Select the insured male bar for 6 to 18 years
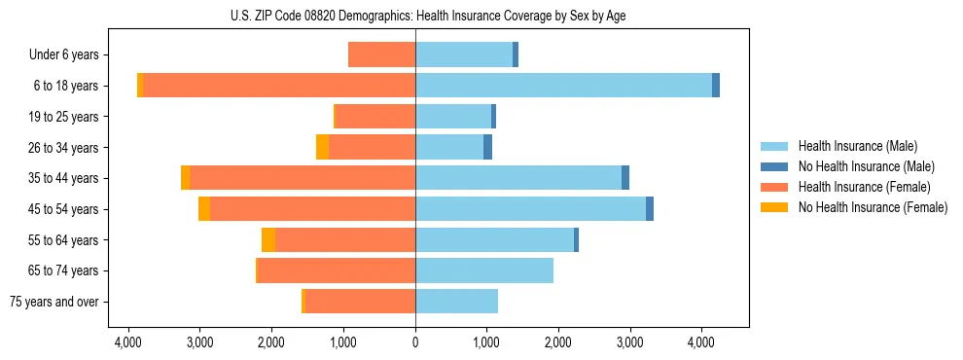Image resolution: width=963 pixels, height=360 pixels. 563,86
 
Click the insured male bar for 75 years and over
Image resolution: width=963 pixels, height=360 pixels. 456,302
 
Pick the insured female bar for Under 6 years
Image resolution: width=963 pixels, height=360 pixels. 381,54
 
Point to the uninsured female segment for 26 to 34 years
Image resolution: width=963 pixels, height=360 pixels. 322,147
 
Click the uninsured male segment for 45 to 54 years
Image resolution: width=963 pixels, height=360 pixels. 650,209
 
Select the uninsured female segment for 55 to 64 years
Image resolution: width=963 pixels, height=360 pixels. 268,239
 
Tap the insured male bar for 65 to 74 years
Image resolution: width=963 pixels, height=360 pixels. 484,270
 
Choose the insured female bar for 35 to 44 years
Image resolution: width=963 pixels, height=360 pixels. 303,178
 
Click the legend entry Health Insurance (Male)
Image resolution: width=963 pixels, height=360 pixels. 857,146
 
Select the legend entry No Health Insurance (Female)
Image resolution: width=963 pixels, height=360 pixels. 873,207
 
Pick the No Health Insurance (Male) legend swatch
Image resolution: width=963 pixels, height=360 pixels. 774,166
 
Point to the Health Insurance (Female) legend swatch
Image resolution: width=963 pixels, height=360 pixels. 774,187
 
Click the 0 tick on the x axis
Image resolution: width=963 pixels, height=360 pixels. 415,342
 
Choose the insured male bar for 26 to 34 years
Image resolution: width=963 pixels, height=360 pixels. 449,147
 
